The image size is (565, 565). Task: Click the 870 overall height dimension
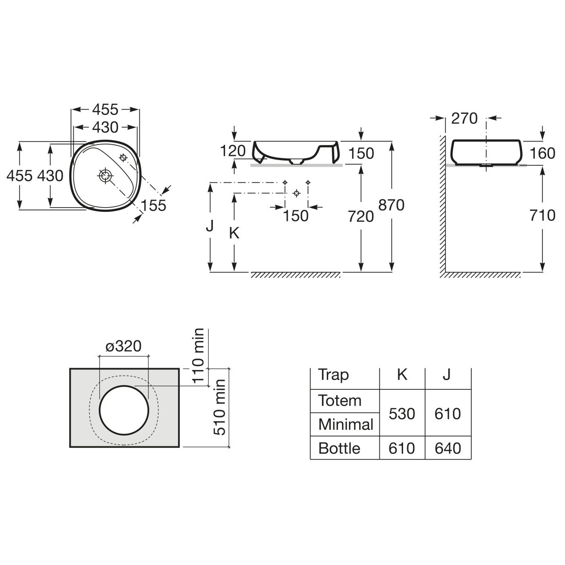391,205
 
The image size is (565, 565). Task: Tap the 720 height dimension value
361,217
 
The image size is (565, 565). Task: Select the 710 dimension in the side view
542,216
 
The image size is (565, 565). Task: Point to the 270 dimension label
464,119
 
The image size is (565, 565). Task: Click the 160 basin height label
542,153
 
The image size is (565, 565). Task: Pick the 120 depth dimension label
233,151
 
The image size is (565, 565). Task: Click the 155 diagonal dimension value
153,205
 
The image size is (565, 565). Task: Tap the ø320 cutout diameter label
123,346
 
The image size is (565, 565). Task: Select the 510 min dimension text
219,408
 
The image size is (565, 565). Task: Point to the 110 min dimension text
198,356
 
